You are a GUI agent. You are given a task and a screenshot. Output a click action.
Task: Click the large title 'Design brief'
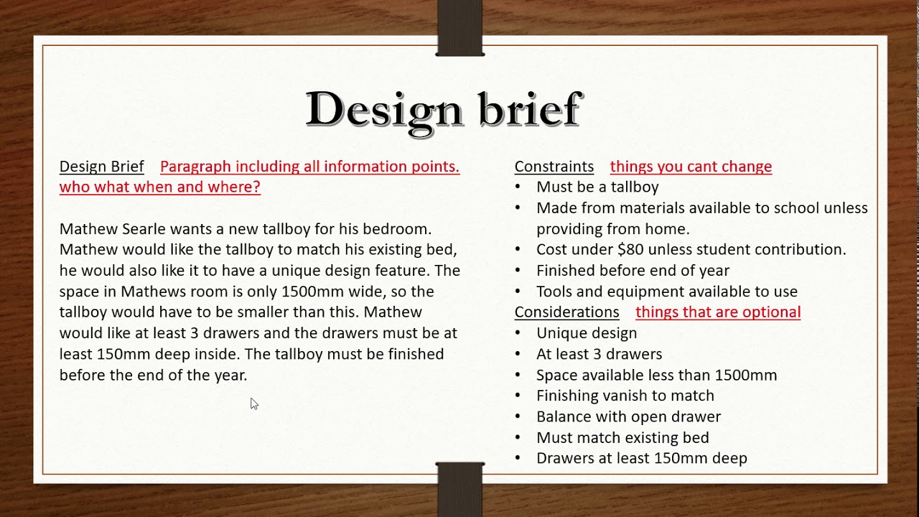[x=443, y=110]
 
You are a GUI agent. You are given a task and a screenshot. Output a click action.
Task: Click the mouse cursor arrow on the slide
[x=253, y=404]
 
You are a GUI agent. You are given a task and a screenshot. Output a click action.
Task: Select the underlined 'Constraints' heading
[x=554, y=167]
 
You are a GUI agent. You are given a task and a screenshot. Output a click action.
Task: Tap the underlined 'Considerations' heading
[x=566, y=312]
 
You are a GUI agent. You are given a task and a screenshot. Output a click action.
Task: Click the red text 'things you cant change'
[x=691, y=167]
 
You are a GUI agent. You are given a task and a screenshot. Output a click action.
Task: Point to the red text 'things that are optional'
[x=718, y=312]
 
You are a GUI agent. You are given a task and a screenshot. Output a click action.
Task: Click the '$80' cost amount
[x=630, y=249]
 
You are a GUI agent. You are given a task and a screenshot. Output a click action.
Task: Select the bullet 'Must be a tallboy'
[x=597, y=187]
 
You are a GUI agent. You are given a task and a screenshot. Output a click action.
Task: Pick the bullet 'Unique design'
[x=587, y=333]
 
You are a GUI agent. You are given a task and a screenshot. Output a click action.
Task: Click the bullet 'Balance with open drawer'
[x=628, y=416]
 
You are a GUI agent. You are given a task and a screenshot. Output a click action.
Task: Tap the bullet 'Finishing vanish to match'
[x=625, y=396]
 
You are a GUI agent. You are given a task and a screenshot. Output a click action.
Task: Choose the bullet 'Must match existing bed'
[x=622, y=437]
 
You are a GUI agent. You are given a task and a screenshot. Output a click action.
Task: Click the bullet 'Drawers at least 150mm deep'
[x=641, y=458]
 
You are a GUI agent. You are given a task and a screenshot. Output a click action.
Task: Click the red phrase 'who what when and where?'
[x=159, y=187]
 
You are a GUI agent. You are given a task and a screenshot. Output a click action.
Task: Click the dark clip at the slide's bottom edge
[x=460, y=488]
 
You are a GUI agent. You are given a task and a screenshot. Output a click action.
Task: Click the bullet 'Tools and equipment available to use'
[x=666, y=292]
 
